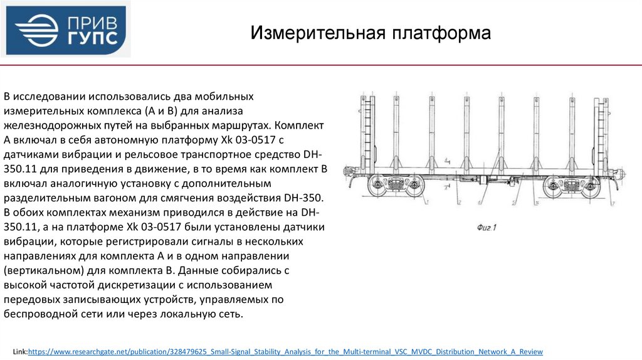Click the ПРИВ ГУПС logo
pyautogui.click(x=66, y=29)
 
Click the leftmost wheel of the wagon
pyautogui.click(x=377, y=186)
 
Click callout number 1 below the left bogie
pyautogui.click(x=426, y=203)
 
